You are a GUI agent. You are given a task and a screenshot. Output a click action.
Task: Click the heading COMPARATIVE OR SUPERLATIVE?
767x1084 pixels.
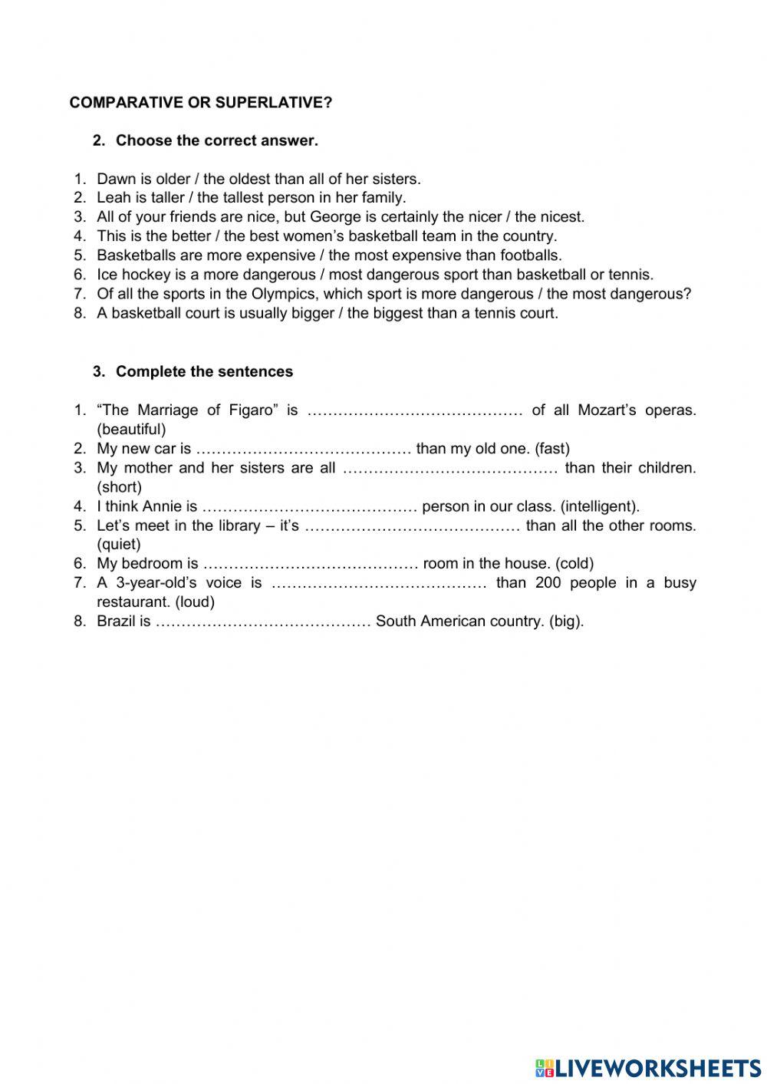(x=201, y=103)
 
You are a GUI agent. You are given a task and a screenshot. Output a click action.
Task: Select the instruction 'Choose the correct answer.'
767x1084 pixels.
(x=216, y=141)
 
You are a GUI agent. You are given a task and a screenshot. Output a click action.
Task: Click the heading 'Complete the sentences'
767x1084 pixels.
(x=204, y=372)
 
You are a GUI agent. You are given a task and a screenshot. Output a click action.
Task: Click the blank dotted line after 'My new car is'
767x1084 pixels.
(x=304, y=449)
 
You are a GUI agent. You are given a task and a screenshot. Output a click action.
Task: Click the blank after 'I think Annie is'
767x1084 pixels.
(x=310, y=506)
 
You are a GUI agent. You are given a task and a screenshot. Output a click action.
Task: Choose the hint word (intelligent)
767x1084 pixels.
(x=600, y=506)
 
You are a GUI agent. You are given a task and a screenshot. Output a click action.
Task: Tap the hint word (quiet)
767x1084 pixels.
(x=119, y=545)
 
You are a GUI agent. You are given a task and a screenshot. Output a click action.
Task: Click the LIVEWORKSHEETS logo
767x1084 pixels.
(x=648, y=1067)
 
